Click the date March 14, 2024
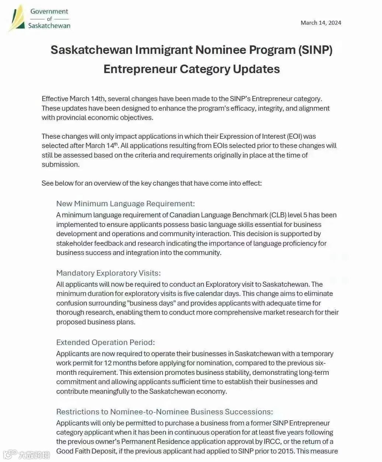tap(321, 23)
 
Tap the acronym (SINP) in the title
tap(315, 50)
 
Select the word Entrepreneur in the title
tap(140, 69)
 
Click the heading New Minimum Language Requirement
tap(125, 204)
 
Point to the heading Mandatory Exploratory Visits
tap(108, 273)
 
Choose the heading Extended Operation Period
tap(105, 342)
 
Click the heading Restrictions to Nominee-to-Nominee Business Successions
tap(164, 412)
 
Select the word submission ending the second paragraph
tap(60, 165)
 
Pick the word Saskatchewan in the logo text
tap(49, 26)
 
